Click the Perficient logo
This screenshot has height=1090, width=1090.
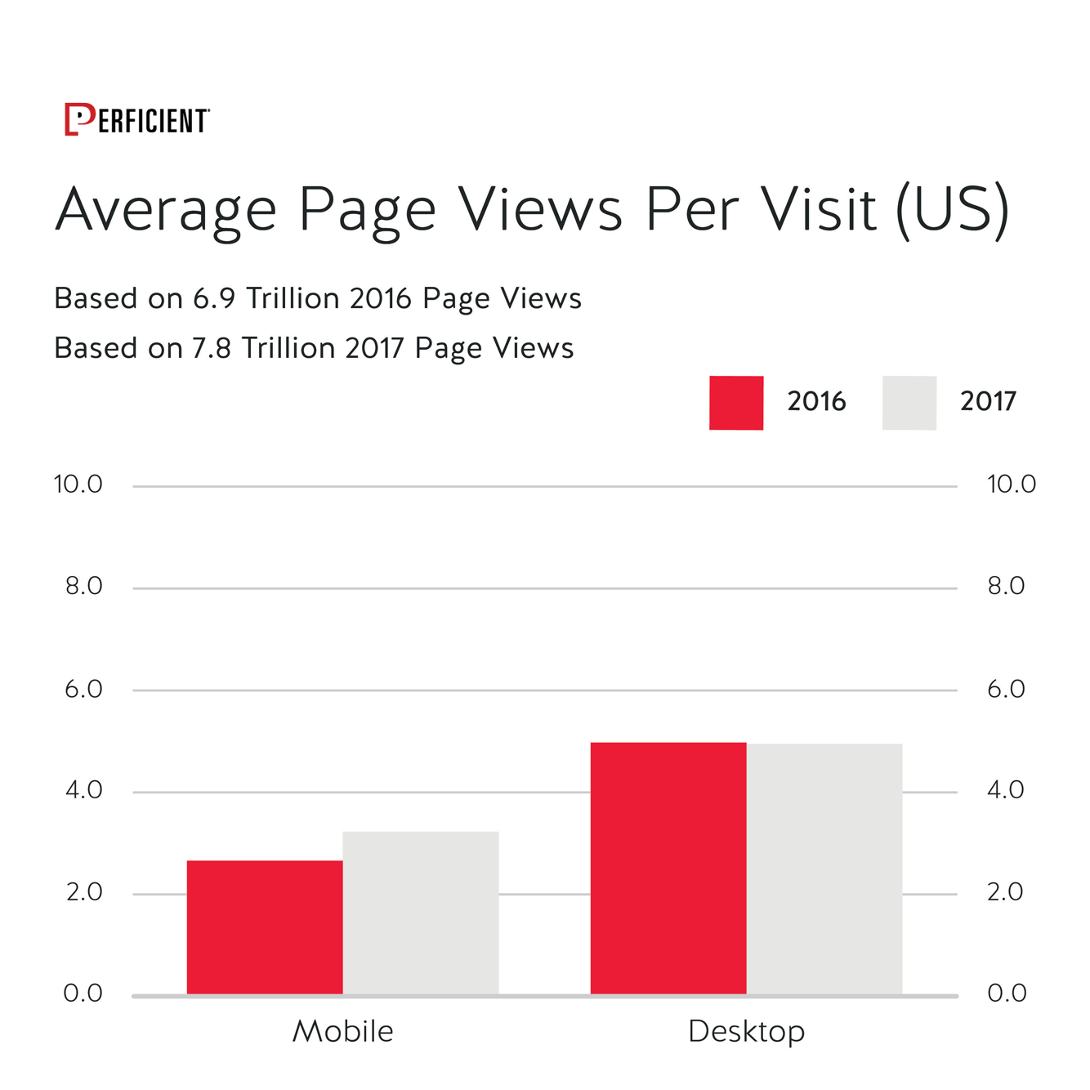[136, 120]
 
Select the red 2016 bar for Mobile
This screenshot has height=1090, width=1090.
[265, 927]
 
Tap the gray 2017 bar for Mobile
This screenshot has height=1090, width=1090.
[421, 913]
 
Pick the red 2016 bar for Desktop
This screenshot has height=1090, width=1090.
[668, 868]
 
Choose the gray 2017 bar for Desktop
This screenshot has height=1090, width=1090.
[824, 869]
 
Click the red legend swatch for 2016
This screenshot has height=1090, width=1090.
[736, 403]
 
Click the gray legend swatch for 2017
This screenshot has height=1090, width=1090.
[909, 403]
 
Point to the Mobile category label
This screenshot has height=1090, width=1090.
[342, 1031]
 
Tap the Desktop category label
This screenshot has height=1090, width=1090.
[746, 1031]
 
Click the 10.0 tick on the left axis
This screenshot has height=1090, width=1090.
[78, 485]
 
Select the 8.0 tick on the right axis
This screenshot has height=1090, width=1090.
[1006, 586]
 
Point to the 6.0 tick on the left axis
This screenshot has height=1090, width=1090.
[83, 689]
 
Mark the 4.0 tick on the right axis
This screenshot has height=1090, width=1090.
[1006, 790]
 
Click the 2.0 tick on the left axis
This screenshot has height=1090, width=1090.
[84, 891]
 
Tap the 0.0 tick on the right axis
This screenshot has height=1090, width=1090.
[1007, 993]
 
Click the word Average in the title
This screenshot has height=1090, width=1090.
[167, 210]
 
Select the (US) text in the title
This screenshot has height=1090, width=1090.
[953, 210]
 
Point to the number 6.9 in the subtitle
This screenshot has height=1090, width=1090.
[214, 299]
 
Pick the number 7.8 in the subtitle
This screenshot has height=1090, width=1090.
[212, 349]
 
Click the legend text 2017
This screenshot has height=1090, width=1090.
[988, 401]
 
